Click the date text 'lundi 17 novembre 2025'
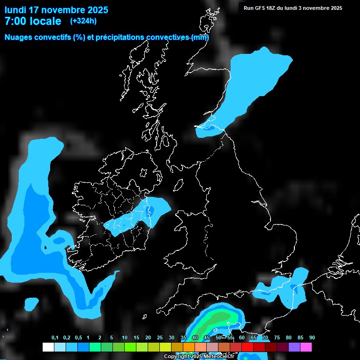(56, 10)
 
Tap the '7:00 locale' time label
(33, 21)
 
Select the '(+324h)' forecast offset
(83, 21)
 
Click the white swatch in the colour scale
(48, 347)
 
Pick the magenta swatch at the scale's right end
(306, 347)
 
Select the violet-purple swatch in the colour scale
(294, 347)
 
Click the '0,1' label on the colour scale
(55, 338)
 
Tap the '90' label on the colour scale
(312, 338)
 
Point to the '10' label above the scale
(125, 338)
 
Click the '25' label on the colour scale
(160, 338)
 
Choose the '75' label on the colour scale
(277, 338)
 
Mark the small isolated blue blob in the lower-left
(31, 304)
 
